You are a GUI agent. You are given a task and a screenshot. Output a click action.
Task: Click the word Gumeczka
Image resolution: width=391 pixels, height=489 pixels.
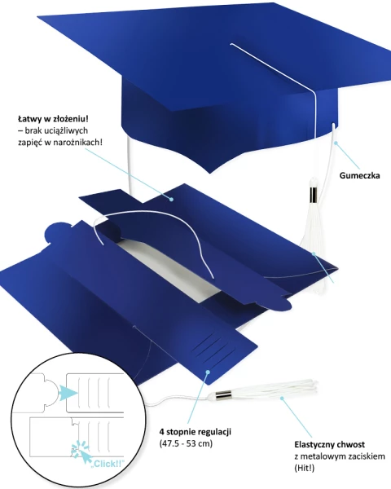tap(359, 175)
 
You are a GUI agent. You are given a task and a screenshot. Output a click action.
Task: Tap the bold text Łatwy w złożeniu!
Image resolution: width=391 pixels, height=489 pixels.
tap(53, 119)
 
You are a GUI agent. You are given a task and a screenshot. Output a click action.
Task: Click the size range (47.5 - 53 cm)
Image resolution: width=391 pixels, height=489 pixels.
tap(186, 443)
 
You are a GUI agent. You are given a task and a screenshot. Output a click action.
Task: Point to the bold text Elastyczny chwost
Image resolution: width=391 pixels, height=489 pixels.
tap(330, 444)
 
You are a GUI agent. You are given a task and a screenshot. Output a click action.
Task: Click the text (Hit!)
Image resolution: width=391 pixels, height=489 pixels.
tap(305, 468)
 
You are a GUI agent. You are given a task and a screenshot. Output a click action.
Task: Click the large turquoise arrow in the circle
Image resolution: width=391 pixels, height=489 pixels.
tap(68, 392)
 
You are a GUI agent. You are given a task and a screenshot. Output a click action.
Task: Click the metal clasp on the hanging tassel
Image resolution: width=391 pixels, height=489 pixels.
tap(314, 195)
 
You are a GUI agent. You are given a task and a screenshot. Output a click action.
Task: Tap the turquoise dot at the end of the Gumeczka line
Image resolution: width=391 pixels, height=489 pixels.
tap(336, 143)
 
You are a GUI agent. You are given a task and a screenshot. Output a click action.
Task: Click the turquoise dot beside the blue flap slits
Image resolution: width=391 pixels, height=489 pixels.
tap(208, 371)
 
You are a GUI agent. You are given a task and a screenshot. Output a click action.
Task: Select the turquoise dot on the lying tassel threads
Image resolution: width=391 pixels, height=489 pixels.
tap(282, 398)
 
